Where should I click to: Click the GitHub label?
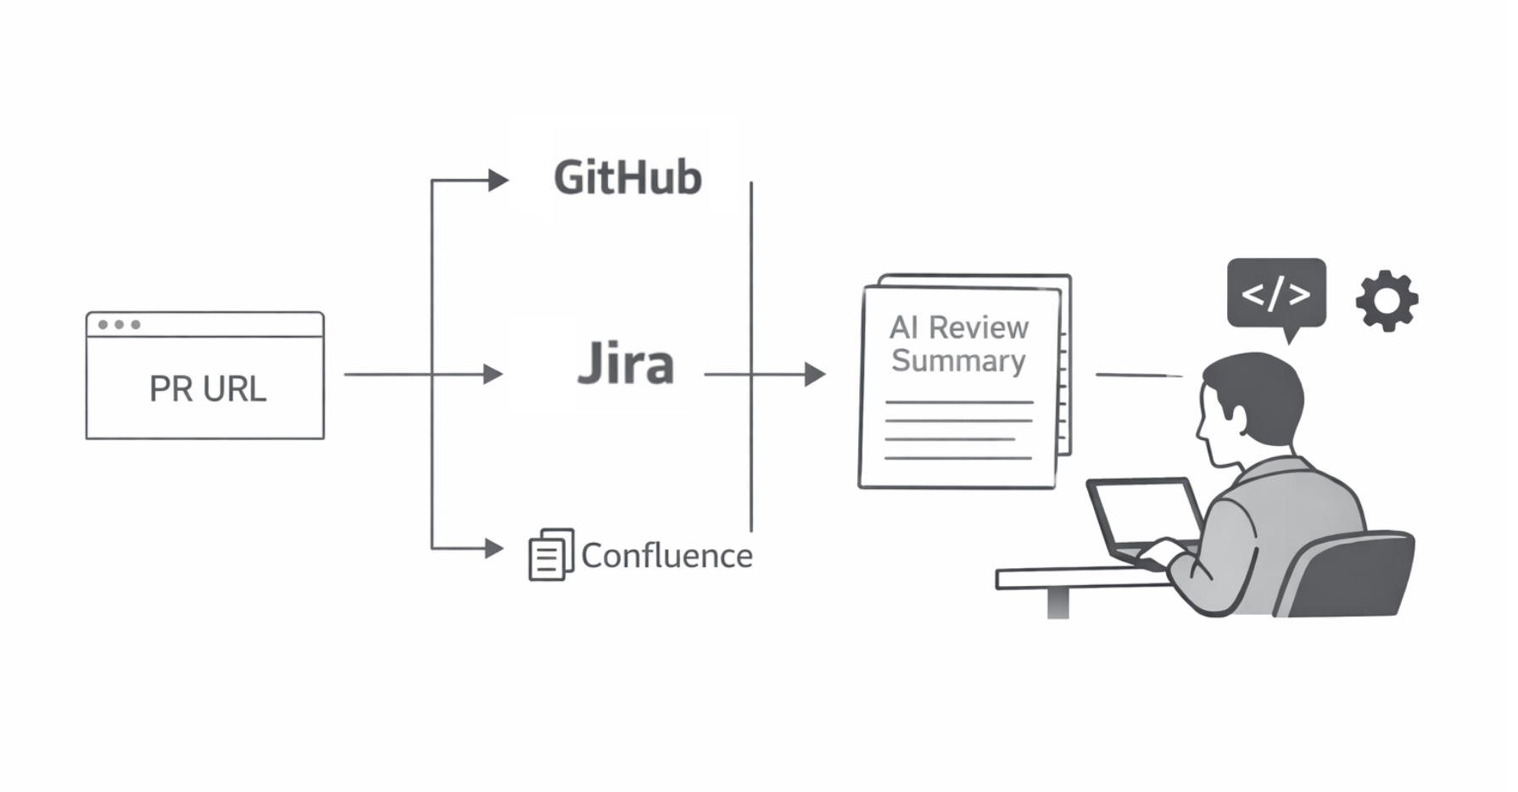coord(628,178)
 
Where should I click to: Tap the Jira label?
coord(626,365)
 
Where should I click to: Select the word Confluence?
coord(667,556)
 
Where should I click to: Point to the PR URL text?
coord(207,389)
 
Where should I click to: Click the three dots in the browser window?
coord(119,325)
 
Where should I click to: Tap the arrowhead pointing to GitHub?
coord(498,181)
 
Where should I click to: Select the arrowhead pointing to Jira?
coord(493,374)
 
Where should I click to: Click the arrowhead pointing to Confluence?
coord(494,549)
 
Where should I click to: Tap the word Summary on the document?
coord(958,361)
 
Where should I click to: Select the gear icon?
coord(1387,301)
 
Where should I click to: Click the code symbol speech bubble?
coord(1275,293)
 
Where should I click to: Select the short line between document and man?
coord(1138,375)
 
